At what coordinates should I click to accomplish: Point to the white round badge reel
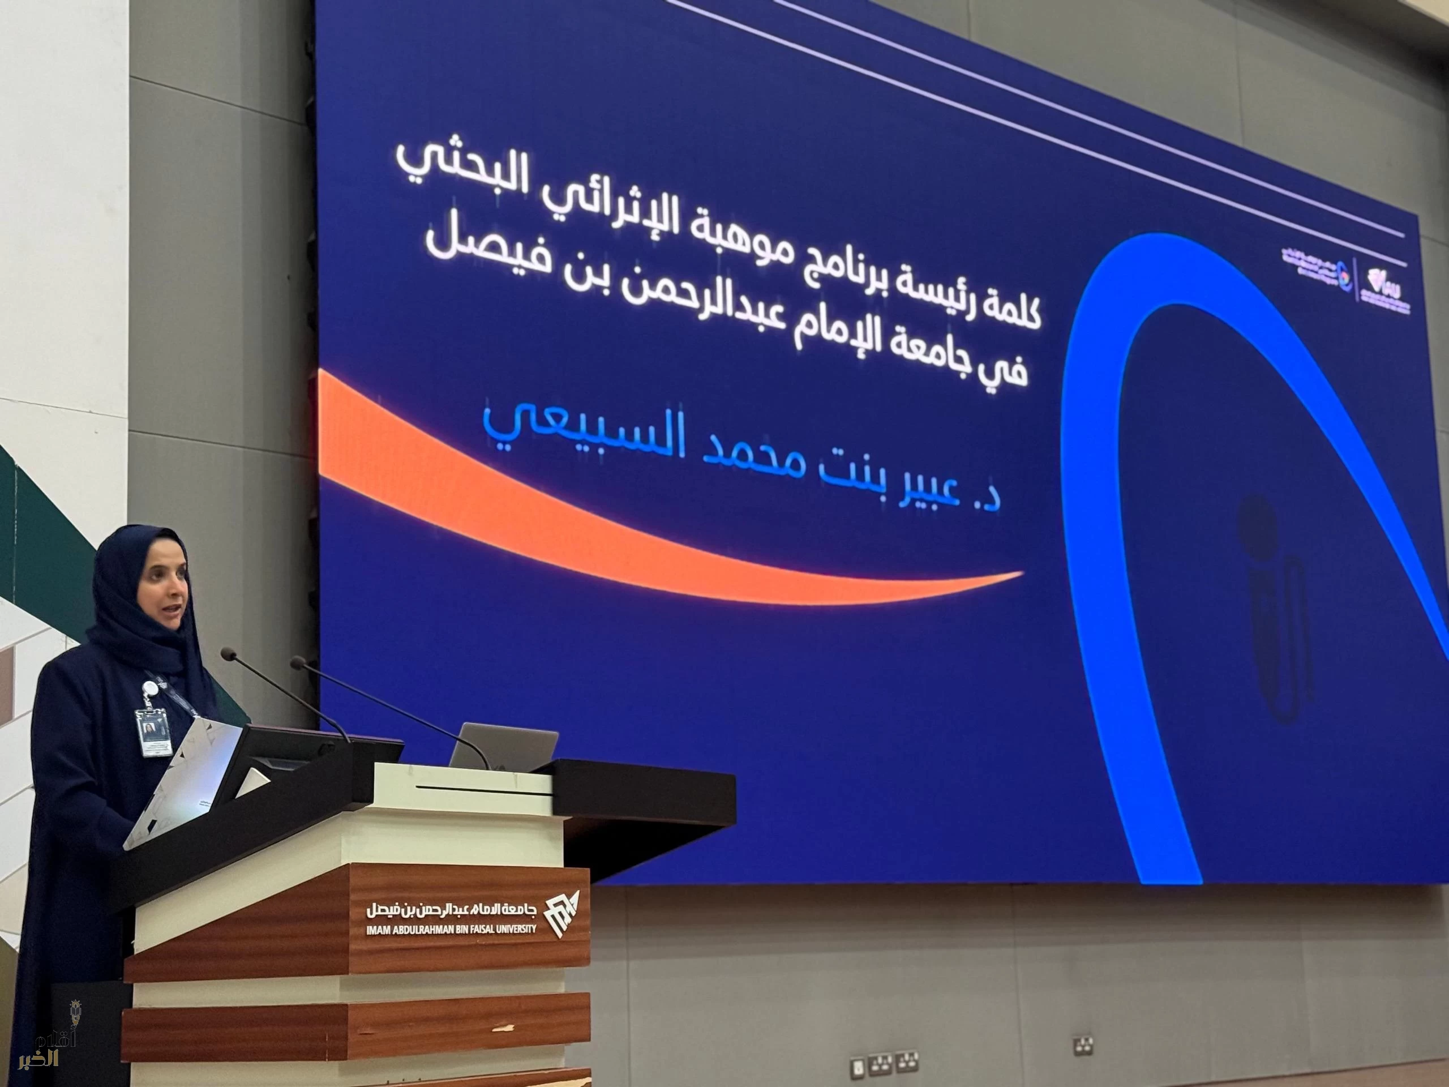[150, 686]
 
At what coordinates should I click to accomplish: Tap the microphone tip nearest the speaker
[228, 653]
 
